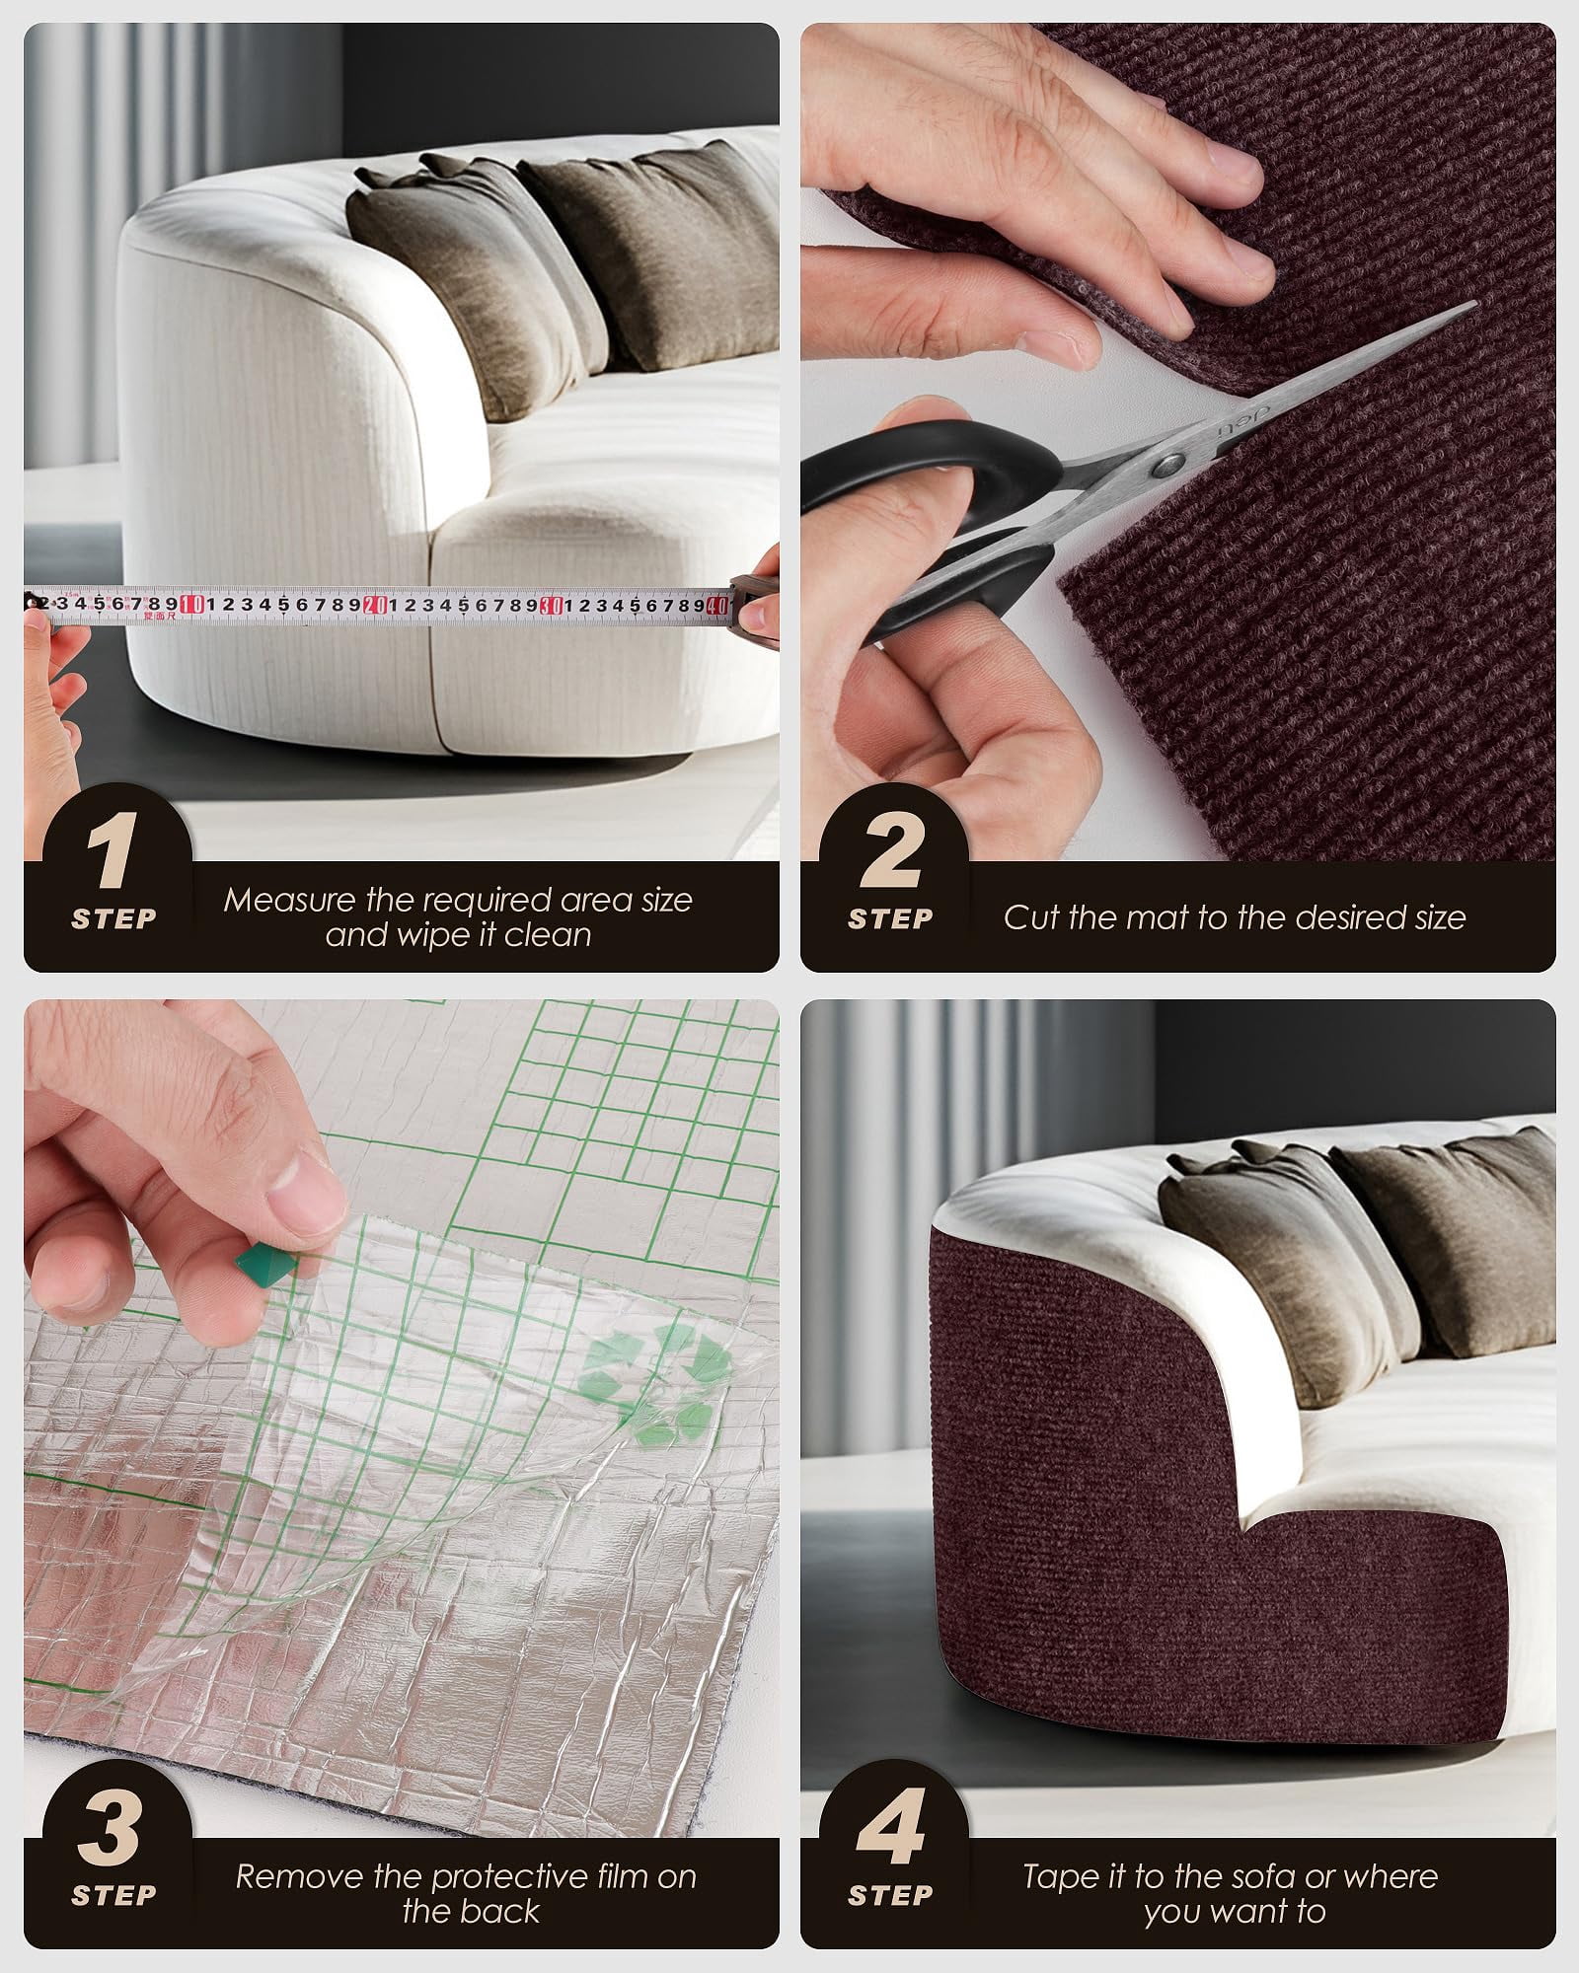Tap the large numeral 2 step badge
[x=890, y=853]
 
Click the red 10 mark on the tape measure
[x=193, y=604]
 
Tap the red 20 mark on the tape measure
[x=375, y=604]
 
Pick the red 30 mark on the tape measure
[x=553, y=604]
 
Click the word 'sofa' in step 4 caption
[x=1243, y=1849]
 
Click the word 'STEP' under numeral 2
[x=890, y=919]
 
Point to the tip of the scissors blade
[x=1476, y=304]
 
